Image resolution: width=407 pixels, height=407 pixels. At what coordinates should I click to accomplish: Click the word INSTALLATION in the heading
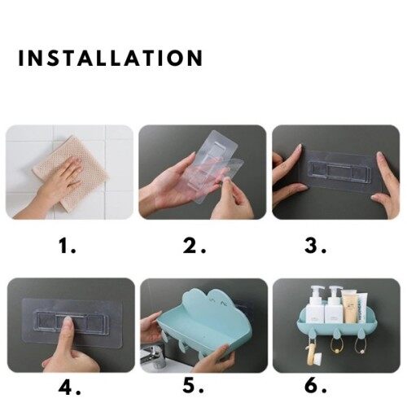click(x=111, y=58)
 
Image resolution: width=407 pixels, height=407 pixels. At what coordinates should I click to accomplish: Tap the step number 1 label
click(x=68, y=246)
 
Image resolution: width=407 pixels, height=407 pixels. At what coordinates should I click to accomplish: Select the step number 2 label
click(x=194, y=246)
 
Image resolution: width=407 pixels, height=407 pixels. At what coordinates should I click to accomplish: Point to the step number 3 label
click(x=315, y=246)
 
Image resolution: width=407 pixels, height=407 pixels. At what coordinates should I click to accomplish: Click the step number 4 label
click(x=69, y=387)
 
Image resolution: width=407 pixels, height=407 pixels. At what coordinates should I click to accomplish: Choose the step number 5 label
click(x=194, y=385)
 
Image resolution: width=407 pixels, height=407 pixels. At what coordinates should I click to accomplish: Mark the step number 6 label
click(x=316, y=385)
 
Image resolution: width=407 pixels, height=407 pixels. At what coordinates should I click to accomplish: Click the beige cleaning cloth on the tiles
click(x=71, y=170)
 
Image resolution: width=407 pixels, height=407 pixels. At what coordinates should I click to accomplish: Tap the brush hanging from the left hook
click(x=313, y=354)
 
